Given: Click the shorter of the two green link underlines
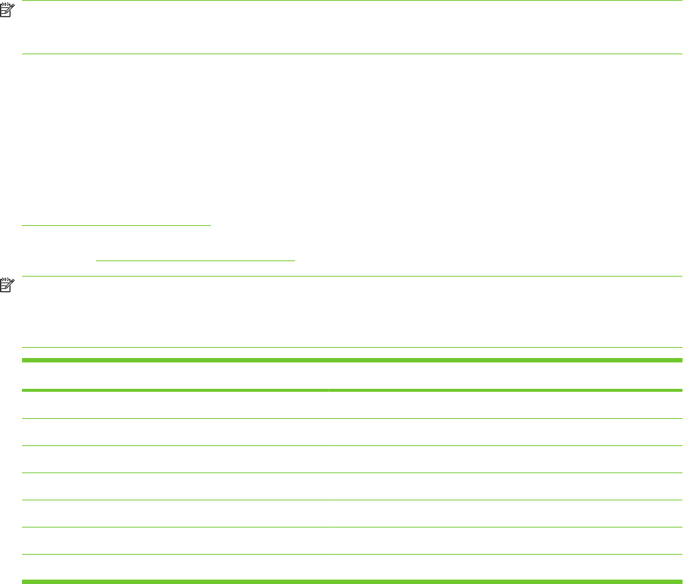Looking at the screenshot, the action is (116, 225).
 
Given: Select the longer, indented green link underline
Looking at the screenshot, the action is (195, 260).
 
